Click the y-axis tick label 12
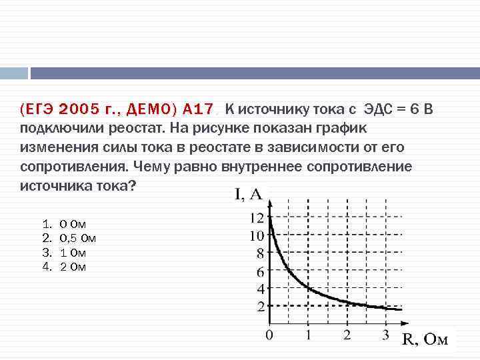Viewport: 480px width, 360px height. (257, 217)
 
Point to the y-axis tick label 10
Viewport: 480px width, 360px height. (257, 235)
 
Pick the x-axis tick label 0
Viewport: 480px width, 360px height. (269, 335)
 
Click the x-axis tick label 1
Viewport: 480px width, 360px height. (308, 335)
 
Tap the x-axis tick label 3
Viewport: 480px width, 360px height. (385, 335)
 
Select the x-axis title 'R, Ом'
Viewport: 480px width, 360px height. (425, 340)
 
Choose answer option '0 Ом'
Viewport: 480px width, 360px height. (73, 225)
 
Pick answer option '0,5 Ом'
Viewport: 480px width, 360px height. (78, 239)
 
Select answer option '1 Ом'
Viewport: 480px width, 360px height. (73, 253)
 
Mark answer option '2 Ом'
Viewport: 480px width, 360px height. (73, 267)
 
